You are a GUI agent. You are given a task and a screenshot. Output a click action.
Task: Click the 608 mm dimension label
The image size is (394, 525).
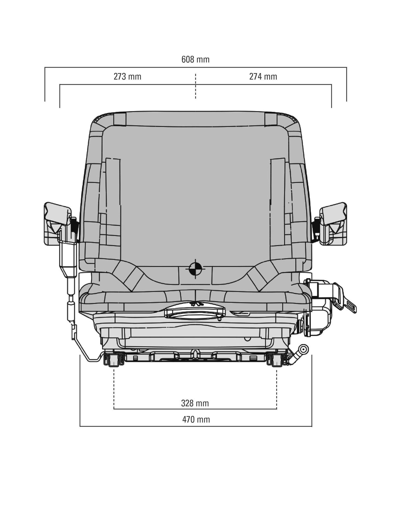[x=195, y=59]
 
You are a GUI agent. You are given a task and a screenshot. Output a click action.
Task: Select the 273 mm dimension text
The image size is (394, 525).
[x=128, y=77]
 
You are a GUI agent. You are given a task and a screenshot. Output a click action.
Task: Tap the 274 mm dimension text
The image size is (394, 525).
[x=263, y=77]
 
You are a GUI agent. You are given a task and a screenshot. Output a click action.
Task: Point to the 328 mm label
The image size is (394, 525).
[x=195, y=403]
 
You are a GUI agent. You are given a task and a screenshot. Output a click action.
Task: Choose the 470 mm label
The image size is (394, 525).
[x=196, y=419]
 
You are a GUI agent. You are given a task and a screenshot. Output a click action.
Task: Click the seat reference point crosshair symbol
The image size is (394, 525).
[x=195, y=269]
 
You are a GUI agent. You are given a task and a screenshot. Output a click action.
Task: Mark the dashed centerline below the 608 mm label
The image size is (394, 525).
[x=195, y=86]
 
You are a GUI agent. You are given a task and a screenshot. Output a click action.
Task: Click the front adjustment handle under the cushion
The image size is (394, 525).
[x=195, y=313]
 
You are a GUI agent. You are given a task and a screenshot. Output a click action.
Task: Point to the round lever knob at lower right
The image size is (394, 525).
[x=303, y=349]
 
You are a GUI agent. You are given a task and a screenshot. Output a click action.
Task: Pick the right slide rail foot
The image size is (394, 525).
[x=276, y=360]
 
